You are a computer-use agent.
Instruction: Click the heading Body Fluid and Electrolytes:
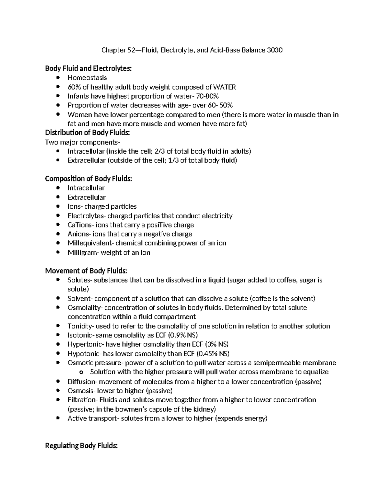pyautogui.click(x=88, y=68)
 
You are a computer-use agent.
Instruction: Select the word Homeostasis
pyautogui.click(x=87, y=78)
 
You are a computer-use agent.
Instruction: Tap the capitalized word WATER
pyautogui.click(x=224, y=87)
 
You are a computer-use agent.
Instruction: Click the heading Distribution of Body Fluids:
pyautogui.click(x=88, y=133)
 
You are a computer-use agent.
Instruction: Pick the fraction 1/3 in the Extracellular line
pyautogui.click(x=173, y=160)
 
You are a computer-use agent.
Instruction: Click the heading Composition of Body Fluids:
pyautogui.click(x=88, y=179)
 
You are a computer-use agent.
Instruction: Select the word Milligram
pyautogui.click(x=81, y=253)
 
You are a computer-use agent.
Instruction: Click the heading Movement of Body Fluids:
pyautogui.click(x=86, y=271)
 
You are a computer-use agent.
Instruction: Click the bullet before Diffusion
pyautogui.click(x=58, y=381)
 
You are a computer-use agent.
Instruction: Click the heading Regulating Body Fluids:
pyautogui.click(x=81, y=446)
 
